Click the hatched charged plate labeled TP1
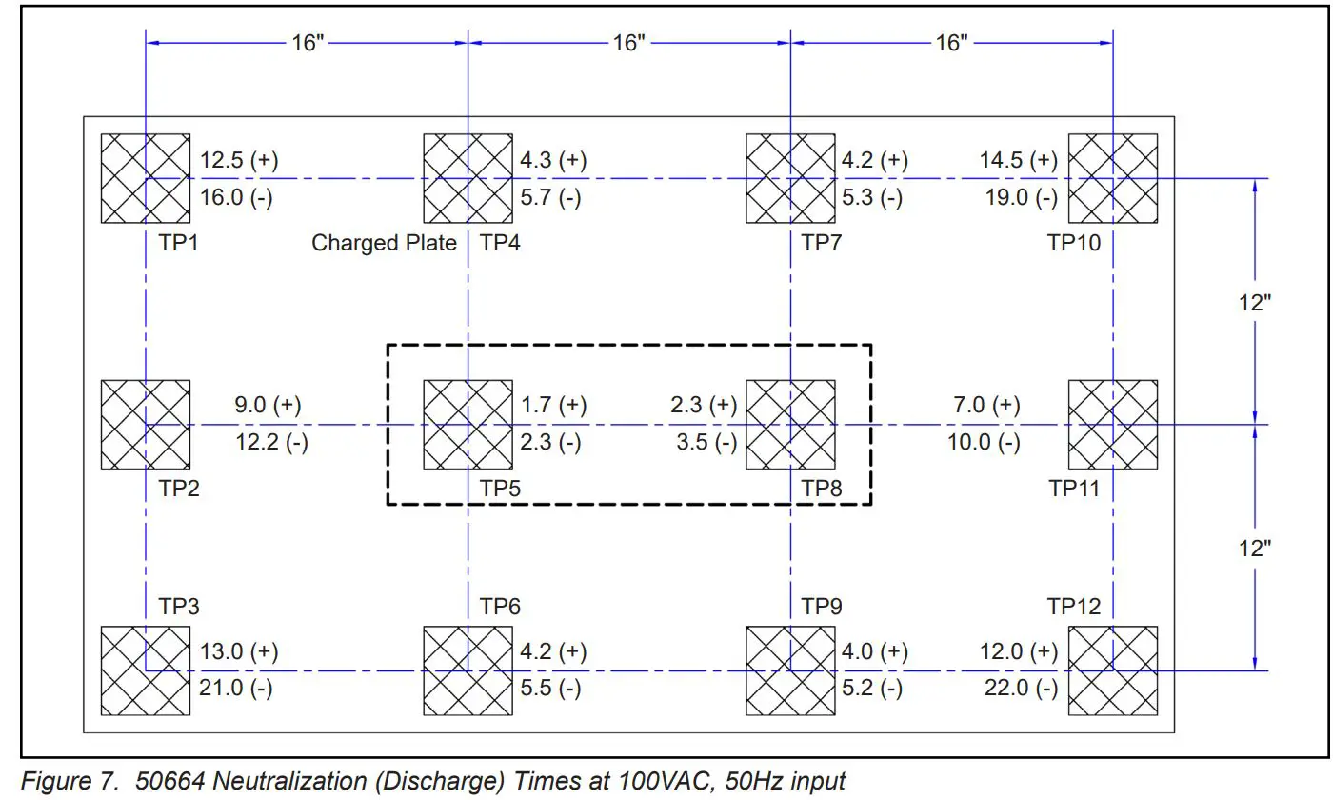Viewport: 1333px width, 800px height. click(146, 178)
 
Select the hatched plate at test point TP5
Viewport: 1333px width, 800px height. click(468, 424)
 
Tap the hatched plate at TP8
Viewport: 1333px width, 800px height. click(790, 424)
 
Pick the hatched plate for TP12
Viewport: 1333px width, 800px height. click(1113, 670)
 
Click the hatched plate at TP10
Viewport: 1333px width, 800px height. click(1113, 178)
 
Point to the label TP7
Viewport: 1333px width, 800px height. click(822, 242)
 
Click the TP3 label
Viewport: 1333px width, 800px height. click(178, 607)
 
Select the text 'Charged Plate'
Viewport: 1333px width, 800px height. click(384, 243)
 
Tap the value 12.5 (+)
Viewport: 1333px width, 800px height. click(239, 160)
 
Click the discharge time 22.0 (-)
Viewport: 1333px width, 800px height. click(1020, 688)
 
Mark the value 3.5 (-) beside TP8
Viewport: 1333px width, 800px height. click(704, 442)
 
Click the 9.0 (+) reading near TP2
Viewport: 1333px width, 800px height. click(268, 405)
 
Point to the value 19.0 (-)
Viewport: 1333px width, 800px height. click(1020, 197)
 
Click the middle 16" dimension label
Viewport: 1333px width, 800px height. click(629, 43)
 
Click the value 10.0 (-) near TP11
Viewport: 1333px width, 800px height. click(984, 442)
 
